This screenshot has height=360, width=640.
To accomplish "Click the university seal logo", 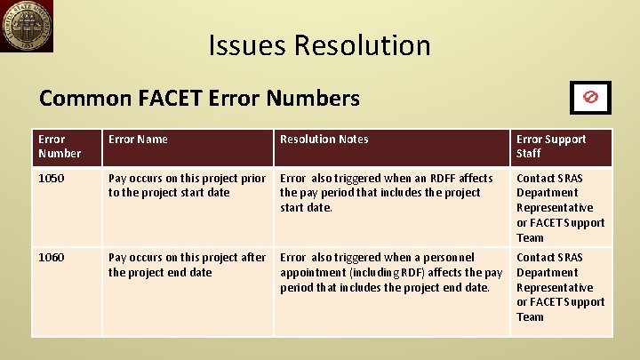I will tap(27, 27).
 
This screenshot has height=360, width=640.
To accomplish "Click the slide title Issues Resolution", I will tap(319, 45).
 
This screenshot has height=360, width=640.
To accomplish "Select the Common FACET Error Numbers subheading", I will tap(199, 98).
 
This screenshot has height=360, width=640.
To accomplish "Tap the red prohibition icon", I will tap(589, 96).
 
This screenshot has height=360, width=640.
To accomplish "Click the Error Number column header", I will tap(60, 147).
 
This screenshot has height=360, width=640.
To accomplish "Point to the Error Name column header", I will tap(138, 140).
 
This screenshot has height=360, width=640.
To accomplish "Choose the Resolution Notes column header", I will tap(324, 140).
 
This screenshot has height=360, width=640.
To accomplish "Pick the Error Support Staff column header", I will tap(551, 147).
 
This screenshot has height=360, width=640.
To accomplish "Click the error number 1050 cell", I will tap(51, 179).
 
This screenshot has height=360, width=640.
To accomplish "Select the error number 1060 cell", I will tap(51, 258).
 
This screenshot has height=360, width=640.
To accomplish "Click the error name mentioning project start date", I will tap(187, 185).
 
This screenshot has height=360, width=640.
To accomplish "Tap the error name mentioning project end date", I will tap(187, 265).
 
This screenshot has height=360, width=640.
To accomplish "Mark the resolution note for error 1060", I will tap(390, 272).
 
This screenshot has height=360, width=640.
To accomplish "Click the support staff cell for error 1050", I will tap(560, 207).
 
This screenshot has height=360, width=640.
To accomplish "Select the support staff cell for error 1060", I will tap(560, 286).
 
